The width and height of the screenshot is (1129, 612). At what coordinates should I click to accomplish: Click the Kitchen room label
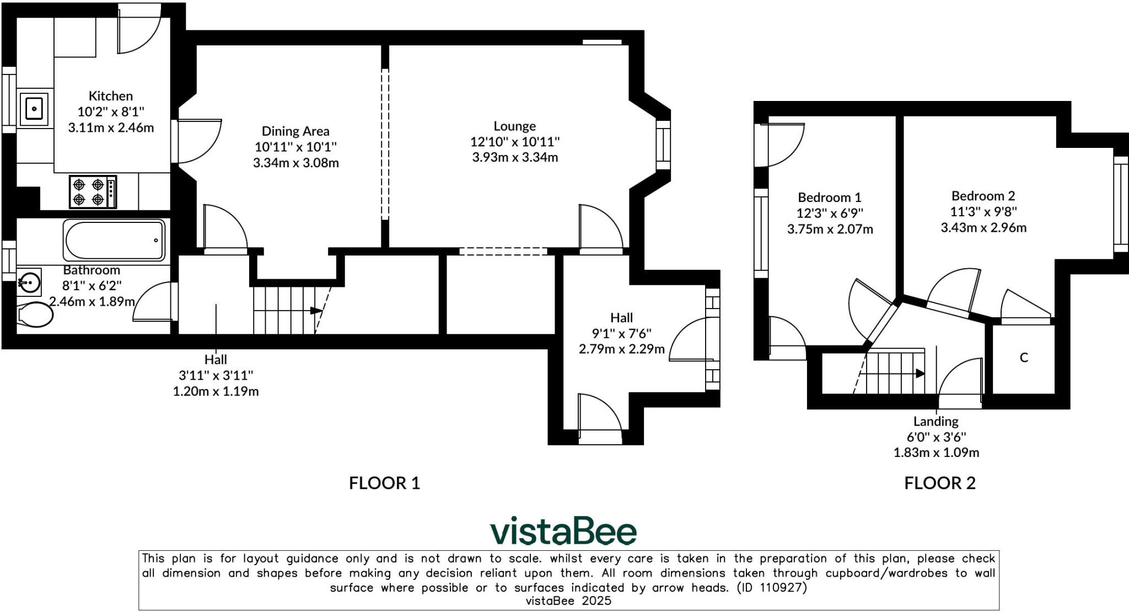111,96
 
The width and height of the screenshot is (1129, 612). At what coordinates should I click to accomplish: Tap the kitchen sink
34,109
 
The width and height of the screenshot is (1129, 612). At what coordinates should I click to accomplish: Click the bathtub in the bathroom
115,240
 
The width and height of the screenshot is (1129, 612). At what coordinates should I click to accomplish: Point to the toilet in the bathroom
34,315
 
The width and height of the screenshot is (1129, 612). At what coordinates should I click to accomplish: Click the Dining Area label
295,131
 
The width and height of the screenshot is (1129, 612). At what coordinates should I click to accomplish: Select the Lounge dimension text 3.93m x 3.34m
515,157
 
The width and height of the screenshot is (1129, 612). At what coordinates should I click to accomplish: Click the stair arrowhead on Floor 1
316,311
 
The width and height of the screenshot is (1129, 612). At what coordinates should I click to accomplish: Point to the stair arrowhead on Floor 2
920,374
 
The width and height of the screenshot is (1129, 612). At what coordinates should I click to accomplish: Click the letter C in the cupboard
1024,358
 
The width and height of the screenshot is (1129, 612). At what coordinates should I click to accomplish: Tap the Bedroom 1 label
829,198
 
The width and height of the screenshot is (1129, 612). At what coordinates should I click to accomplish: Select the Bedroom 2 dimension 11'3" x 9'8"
983,212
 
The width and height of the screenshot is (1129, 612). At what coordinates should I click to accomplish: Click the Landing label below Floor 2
936,422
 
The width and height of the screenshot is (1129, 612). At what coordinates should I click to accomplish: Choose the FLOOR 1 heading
384,483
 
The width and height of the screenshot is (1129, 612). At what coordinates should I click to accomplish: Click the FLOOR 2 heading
939,483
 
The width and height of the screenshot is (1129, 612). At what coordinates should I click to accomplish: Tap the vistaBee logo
563,531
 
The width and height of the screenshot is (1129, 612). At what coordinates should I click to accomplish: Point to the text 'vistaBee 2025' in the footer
568,601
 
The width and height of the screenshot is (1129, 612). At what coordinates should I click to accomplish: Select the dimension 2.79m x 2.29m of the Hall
621,349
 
